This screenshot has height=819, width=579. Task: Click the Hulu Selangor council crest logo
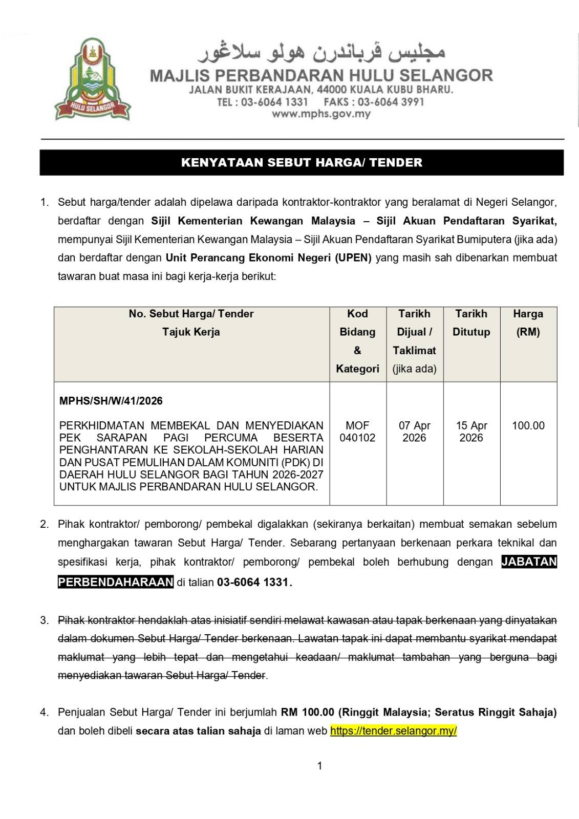click(x=93, y=79)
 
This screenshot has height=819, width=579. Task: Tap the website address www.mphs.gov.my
click(x=321, y=114)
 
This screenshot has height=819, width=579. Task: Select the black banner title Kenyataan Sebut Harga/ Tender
click(x=302, y=163)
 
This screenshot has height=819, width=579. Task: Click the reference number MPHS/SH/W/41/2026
click(x=111, y=401)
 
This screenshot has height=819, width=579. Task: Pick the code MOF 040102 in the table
click(x=357, y=432)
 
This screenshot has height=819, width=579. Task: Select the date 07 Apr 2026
click(x=415, y=432)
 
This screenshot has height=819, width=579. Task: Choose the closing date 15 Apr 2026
click(x=471, y=432)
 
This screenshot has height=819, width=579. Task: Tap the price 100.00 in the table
click(x=528, y=425)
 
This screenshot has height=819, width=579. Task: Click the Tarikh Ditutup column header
click(x=471, y=322)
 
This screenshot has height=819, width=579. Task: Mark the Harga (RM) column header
click(x=528, y=322)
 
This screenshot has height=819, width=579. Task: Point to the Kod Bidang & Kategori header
click(x=357, y=341)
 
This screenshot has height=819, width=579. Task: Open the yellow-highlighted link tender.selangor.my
click(x=393, y=730)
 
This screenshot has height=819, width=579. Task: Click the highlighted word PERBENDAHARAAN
click(x=116, y=582)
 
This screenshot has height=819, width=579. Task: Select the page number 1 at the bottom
click(x=320, y=766)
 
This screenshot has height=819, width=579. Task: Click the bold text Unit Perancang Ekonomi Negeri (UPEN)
click(x=269, y=257)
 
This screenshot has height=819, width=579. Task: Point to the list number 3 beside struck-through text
click(x=45, y=620)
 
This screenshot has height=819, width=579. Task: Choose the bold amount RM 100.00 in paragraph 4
click(x=307, y=712)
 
